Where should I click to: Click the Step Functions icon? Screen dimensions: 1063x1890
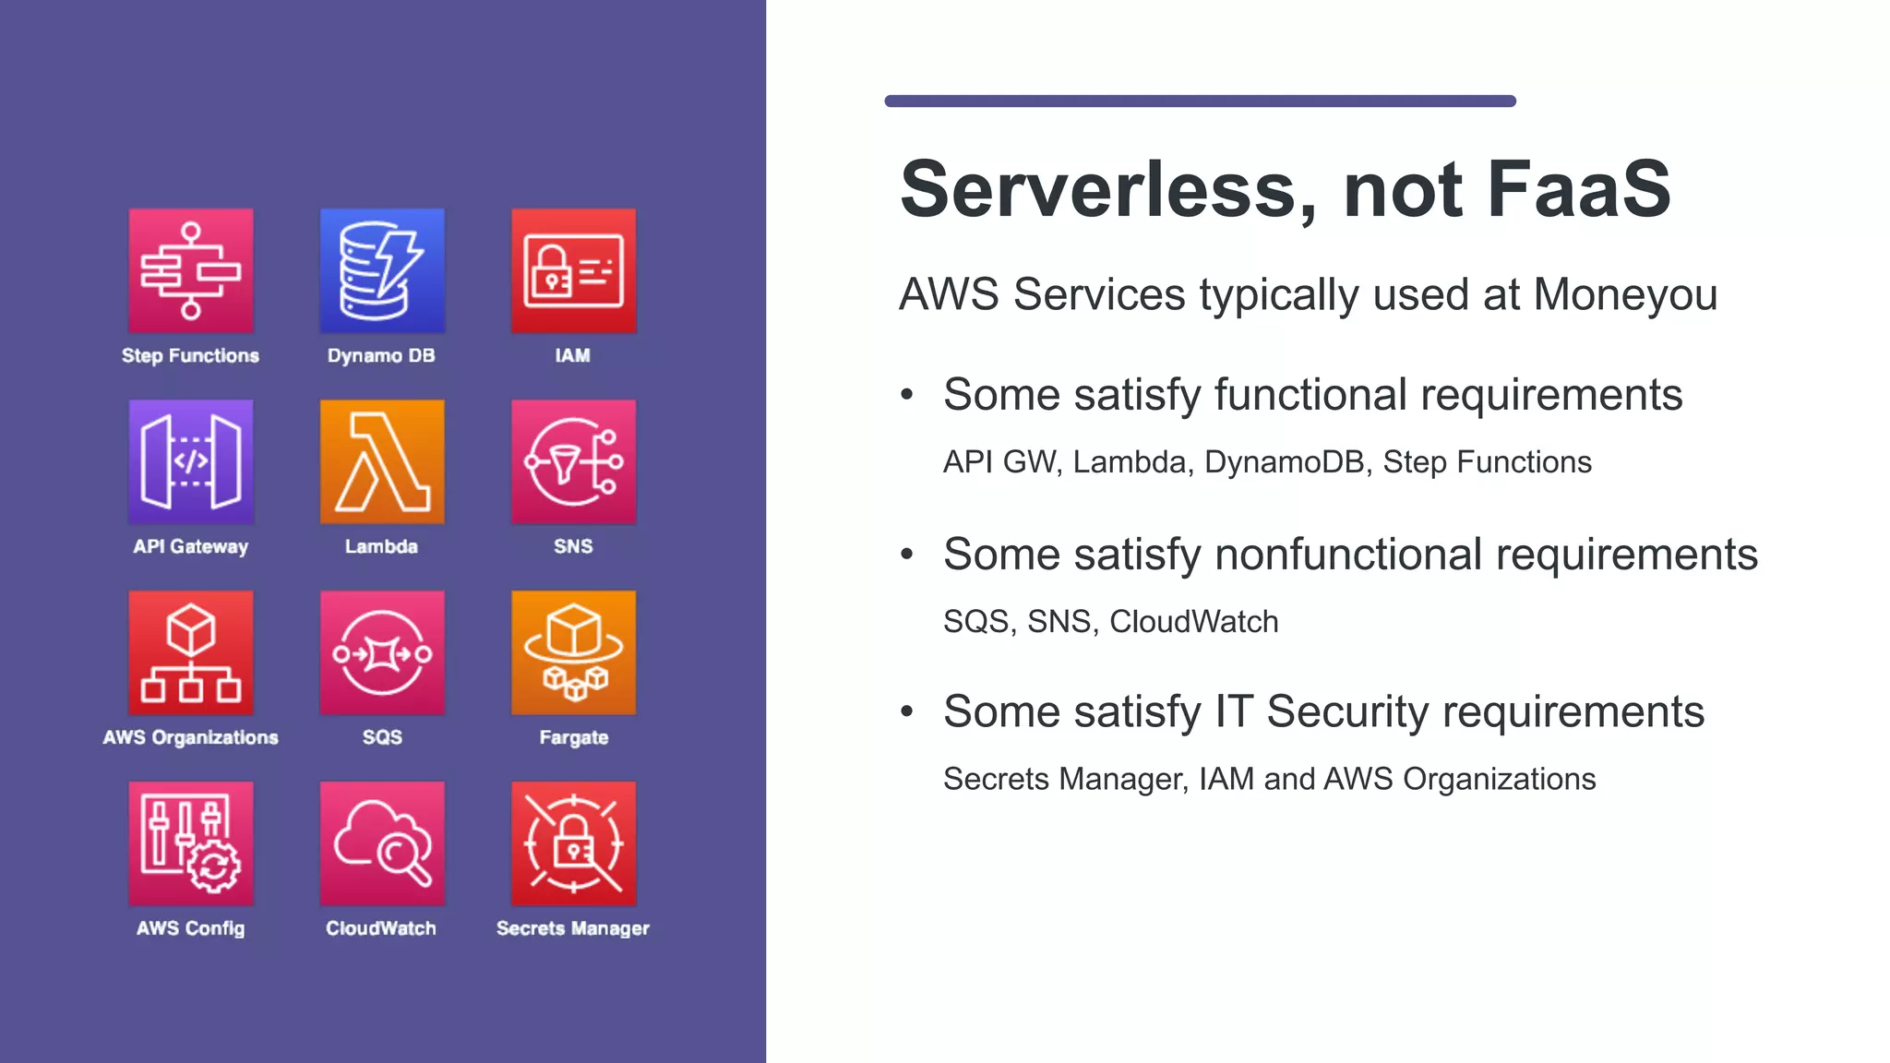pyautogui.click(x=191, y=270)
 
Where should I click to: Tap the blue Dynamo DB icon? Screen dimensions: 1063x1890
pyautogui.click(x=382, y=270)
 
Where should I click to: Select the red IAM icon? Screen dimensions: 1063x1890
pyautogui.click(x=573, y=270)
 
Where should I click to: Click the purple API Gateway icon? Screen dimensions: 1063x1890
pyautogui.click(x=191, y=461)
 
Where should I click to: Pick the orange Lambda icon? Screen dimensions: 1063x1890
pyautogui.click(x=382, y=461)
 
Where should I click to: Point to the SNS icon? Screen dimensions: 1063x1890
pyautogui.click(x=573, y=461)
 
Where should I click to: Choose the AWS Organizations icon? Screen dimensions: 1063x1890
pyautogui.click(x=191, y=652)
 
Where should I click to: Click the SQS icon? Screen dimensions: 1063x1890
pyautogui.click(x=382, y=652)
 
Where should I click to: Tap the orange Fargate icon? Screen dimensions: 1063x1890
pyautogui.click(x=573, y=652)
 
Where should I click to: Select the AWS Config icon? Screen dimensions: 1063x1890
pyautogui.click(x=191, y=843)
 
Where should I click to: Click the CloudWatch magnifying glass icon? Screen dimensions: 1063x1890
pyautogui.click(x=382, y=843)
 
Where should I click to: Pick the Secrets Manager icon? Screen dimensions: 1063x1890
pyautogui.click(x=573, y=843)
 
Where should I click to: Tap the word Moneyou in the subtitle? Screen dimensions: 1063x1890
pyautogui.click(x=1624, y=295)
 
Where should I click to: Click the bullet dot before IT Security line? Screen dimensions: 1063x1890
pyautogui.click(x=907, y=711)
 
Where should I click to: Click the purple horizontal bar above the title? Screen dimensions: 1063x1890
pyautogui.click(x=1200, y=101)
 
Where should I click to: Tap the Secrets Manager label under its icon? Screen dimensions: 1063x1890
pyautogui.click(x=573, y=928)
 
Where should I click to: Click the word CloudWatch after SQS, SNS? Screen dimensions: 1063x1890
pyautogui.click(x=1193, y=622)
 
